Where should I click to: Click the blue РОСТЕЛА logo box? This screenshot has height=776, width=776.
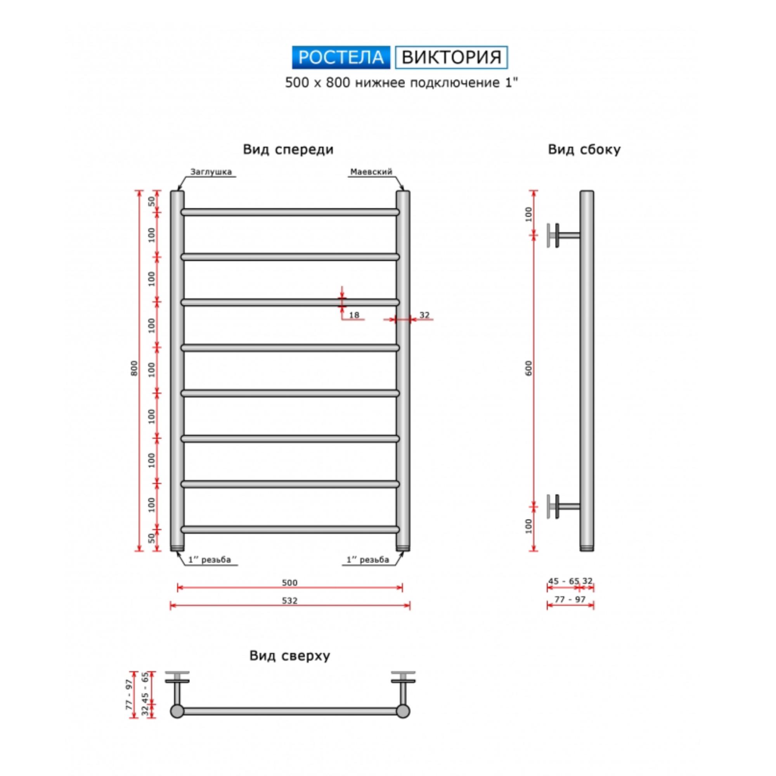click(x=341, y=57)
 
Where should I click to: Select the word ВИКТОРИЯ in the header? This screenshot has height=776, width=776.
click(x=452, y=57)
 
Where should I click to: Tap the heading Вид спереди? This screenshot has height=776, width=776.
click(x=288, y=149)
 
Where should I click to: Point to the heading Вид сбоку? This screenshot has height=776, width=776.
click(x=584, y=149)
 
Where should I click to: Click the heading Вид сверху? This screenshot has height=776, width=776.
click(x=289, y=655)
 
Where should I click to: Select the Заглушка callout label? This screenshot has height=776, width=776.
click(x=211, y=172)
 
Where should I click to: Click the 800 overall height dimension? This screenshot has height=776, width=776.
click(x=134, y=368)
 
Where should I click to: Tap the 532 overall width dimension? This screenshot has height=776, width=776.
click(x=289, y=601)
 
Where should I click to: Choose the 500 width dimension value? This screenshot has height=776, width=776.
click(x=289, y=582)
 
